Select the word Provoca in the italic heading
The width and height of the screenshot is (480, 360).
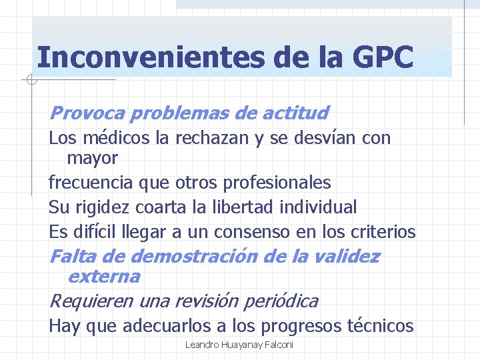87,113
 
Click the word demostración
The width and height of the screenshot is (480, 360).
189,256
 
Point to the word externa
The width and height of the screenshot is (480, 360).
104,276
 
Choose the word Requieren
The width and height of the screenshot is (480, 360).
91,301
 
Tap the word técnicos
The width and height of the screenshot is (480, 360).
381,326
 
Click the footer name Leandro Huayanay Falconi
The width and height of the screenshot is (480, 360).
239,345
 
